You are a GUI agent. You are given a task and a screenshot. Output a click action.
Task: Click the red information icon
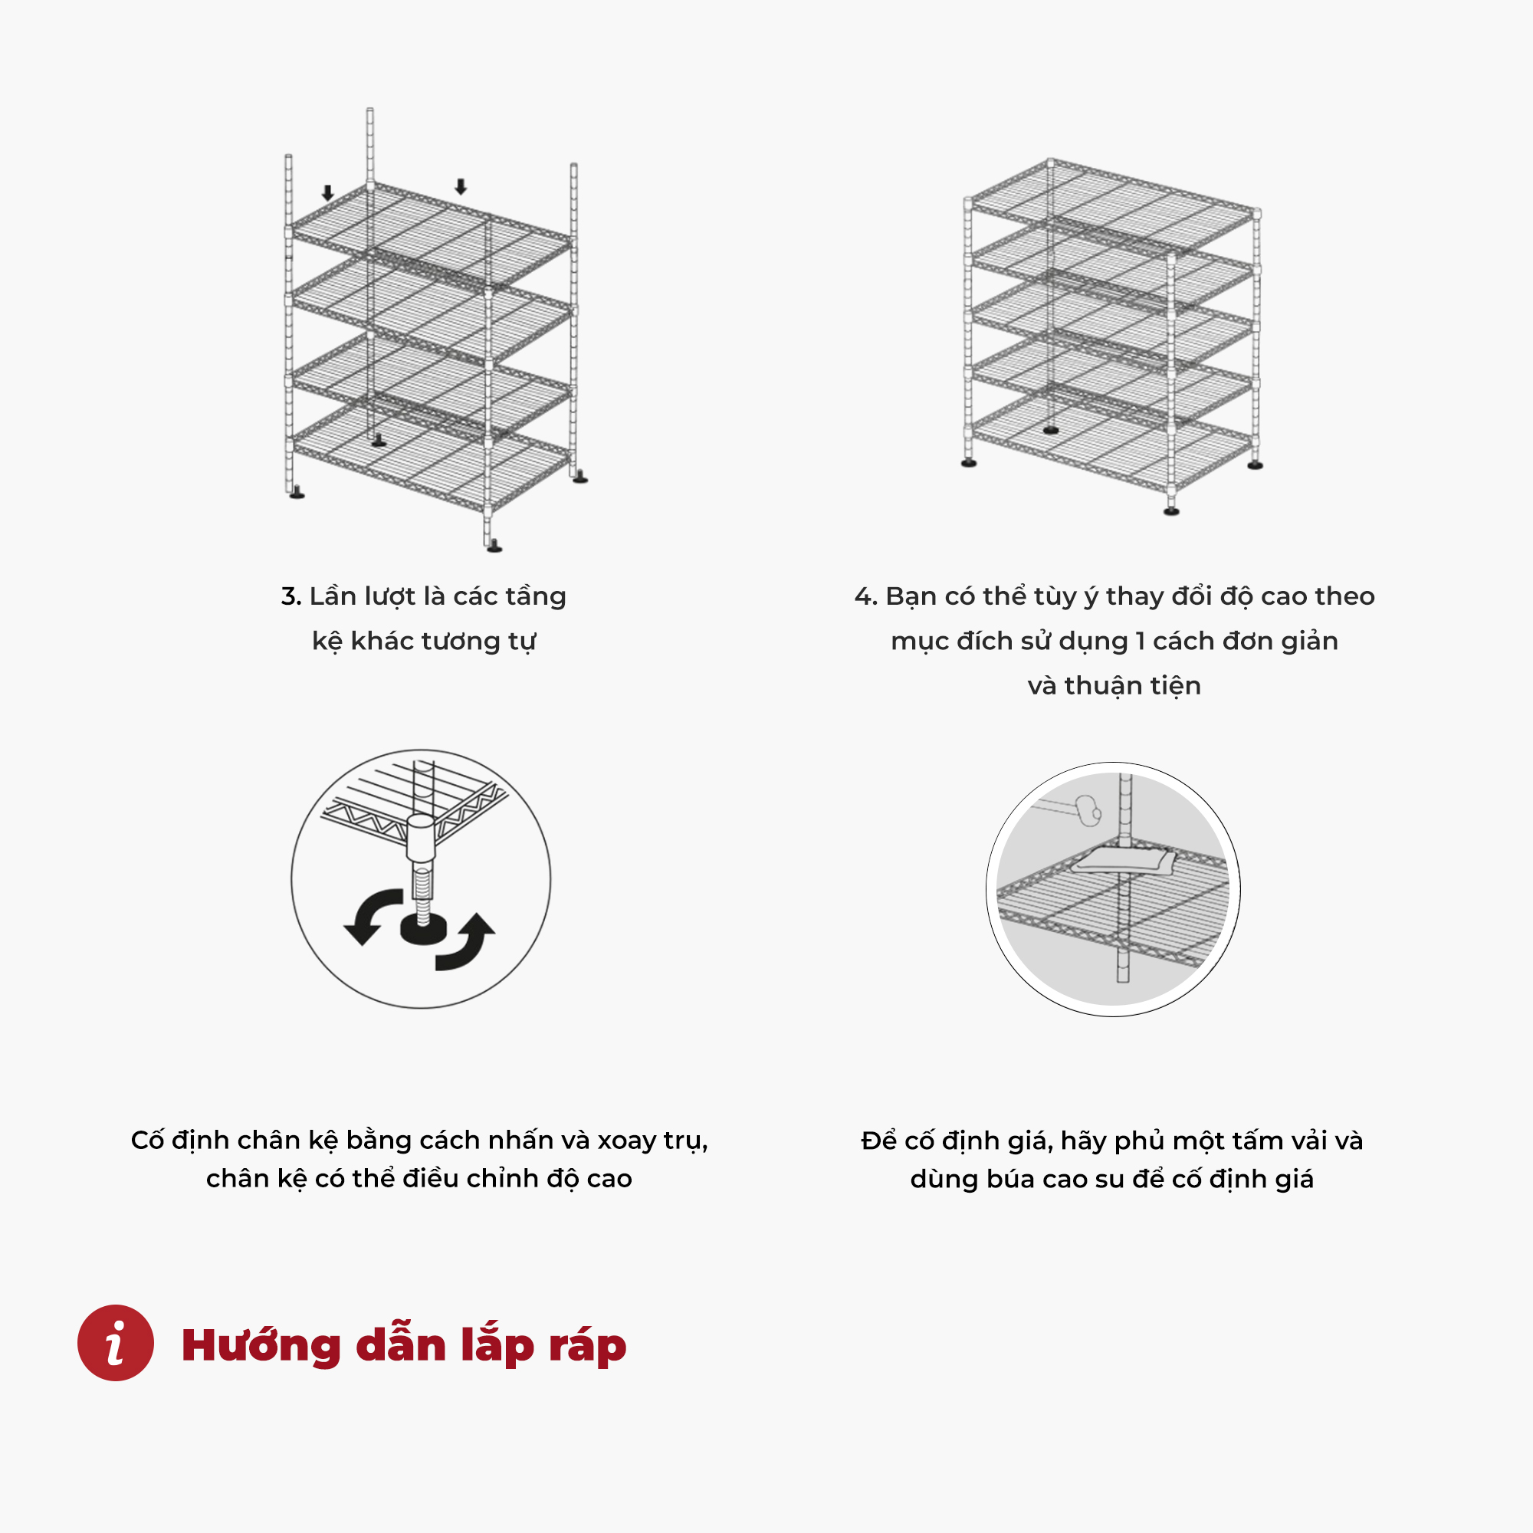(x=115, y=1343)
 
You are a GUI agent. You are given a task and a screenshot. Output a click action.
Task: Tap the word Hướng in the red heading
(x=261, y=1346)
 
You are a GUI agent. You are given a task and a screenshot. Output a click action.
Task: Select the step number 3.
(x=291, y=596)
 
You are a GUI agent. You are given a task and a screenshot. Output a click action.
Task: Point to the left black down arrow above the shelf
(x=328, y=193)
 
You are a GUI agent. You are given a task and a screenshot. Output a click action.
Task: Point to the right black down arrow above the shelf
(x=460, y=186)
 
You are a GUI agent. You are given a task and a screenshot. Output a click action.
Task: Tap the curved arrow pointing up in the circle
(x=468, y=944)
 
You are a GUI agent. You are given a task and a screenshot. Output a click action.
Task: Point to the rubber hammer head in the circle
(x=1088, y=811)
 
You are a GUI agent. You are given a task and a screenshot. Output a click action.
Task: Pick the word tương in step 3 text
(x=461, y=641)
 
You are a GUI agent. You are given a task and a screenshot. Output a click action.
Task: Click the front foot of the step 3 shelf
(x=494, y=546)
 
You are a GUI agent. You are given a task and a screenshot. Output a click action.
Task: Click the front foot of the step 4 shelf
(x=1171, y=511)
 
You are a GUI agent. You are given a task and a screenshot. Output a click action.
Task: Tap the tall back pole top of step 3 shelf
(x=369, y=111)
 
